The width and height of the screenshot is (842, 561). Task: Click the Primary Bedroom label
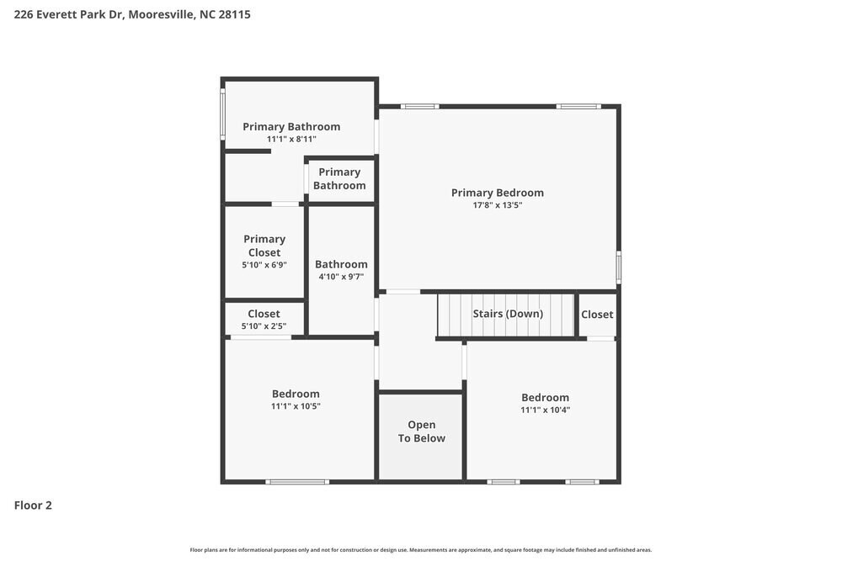[x=497, y=193]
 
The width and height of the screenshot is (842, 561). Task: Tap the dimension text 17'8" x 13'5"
[x=497, y=205]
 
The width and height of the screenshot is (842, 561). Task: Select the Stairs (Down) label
[x=508, y=314]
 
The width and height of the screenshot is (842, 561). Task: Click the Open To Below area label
[x=421, y=431]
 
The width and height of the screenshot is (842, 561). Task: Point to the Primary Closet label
[x=264, y=246]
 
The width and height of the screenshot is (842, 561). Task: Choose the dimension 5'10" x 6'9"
[x=264, y=264]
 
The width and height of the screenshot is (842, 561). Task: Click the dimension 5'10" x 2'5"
[x=264, y=326]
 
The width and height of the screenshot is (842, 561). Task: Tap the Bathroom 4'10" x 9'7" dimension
[x=341, y=277]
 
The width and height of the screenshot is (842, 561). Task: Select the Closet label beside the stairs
[x=597, y=315]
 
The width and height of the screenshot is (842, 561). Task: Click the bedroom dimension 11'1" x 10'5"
[x=296, y=406]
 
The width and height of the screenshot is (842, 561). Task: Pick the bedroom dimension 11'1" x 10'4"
[x=545, y=410]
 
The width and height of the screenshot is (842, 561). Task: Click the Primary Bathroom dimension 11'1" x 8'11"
[x=291, y=139]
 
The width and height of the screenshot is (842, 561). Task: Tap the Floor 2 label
[x=33, y=505]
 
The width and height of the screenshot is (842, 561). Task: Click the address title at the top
[x=132, y=14]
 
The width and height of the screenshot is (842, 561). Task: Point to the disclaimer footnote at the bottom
[x=421, y=550]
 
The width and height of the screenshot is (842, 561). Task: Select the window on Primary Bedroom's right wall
[x=618, y=267]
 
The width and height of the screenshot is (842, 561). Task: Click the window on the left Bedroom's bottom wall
[x=296, y=482]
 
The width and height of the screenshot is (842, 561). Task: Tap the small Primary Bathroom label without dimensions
[x=339, y=178]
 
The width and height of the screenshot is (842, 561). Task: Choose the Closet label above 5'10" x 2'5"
[x=264, y=314]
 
